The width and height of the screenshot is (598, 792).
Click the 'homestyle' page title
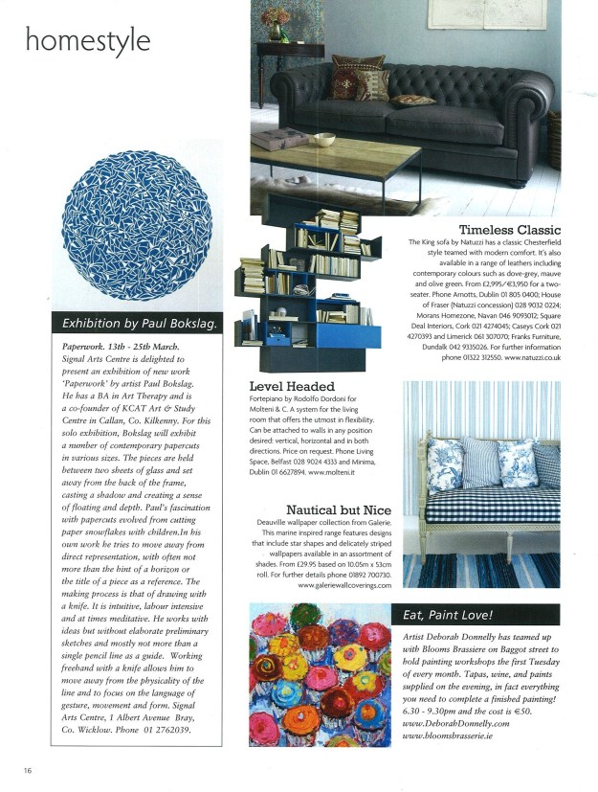pos(87,40)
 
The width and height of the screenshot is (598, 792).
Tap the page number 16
pos(29,769)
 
